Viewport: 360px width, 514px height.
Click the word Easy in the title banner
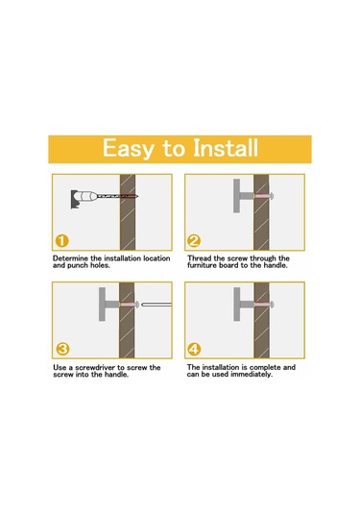(x=129, y=149)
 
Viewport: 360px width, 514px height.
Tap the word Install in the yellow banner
(x=226, y=148)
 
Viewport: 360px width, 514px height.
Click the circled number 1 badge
(x=61, y=241)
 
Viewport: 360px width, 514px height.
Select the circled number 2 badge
(x=194, y=241)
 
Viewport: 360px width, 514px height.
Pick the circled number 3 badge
(x=62, y=349)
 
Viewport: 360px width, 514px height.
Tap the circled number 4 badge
(x=194, y=349)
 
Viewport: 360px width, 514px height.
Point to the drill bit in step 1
(x=117, y=196)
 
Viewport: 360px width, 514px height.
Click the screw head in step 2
(x=272, y=196)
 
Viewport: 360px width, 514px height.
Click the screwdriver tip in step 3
(x=143, y=305)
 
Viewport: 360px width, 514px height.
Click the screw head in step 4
(x=272, y=305)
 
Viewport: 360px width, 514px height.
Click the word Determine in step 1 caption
(x=70, y=258)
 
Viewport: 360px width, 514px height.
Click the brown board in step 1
(x=128, y=212)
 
